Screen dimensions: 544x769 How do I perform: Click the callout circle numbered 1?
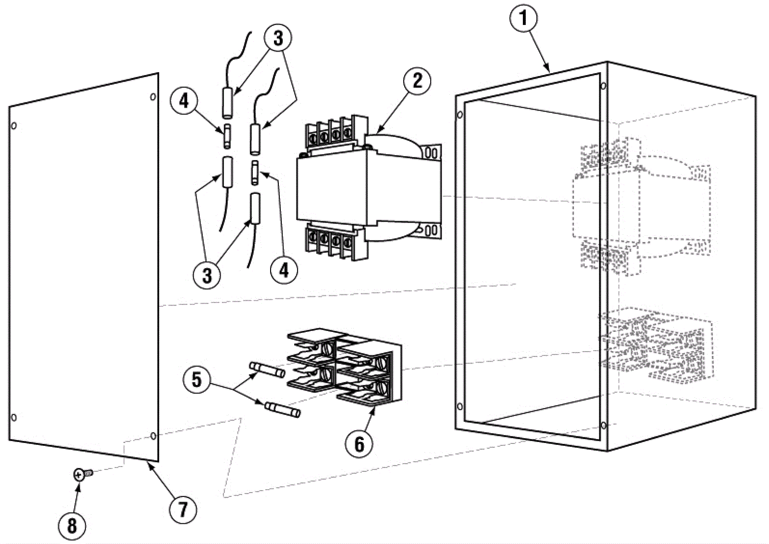tap(523, 19)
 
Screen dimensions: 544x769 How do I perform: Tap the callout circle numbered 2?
tap(417, 80)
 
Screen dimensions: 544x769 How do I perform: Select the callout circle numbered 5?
tap(197, 380)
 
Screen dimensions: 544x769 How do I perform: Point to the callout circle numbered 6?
tap(359, 443)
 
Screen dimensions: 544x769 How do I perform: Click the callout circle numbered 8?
tap(72, 526)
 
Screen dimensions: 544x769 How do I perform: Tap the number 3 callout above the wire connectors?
tap(278, 38)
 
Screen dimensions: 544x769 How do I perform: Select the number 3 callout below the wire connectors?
tap(207, 276)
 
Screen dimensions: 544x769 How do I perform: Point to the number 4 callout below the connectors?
tap(284, 270)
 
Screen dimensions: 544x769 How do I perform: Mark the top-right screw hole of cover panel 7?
tap(153, 97)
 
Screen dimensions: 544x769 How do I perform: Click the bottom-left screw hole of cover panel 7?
tap(14, 417)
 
